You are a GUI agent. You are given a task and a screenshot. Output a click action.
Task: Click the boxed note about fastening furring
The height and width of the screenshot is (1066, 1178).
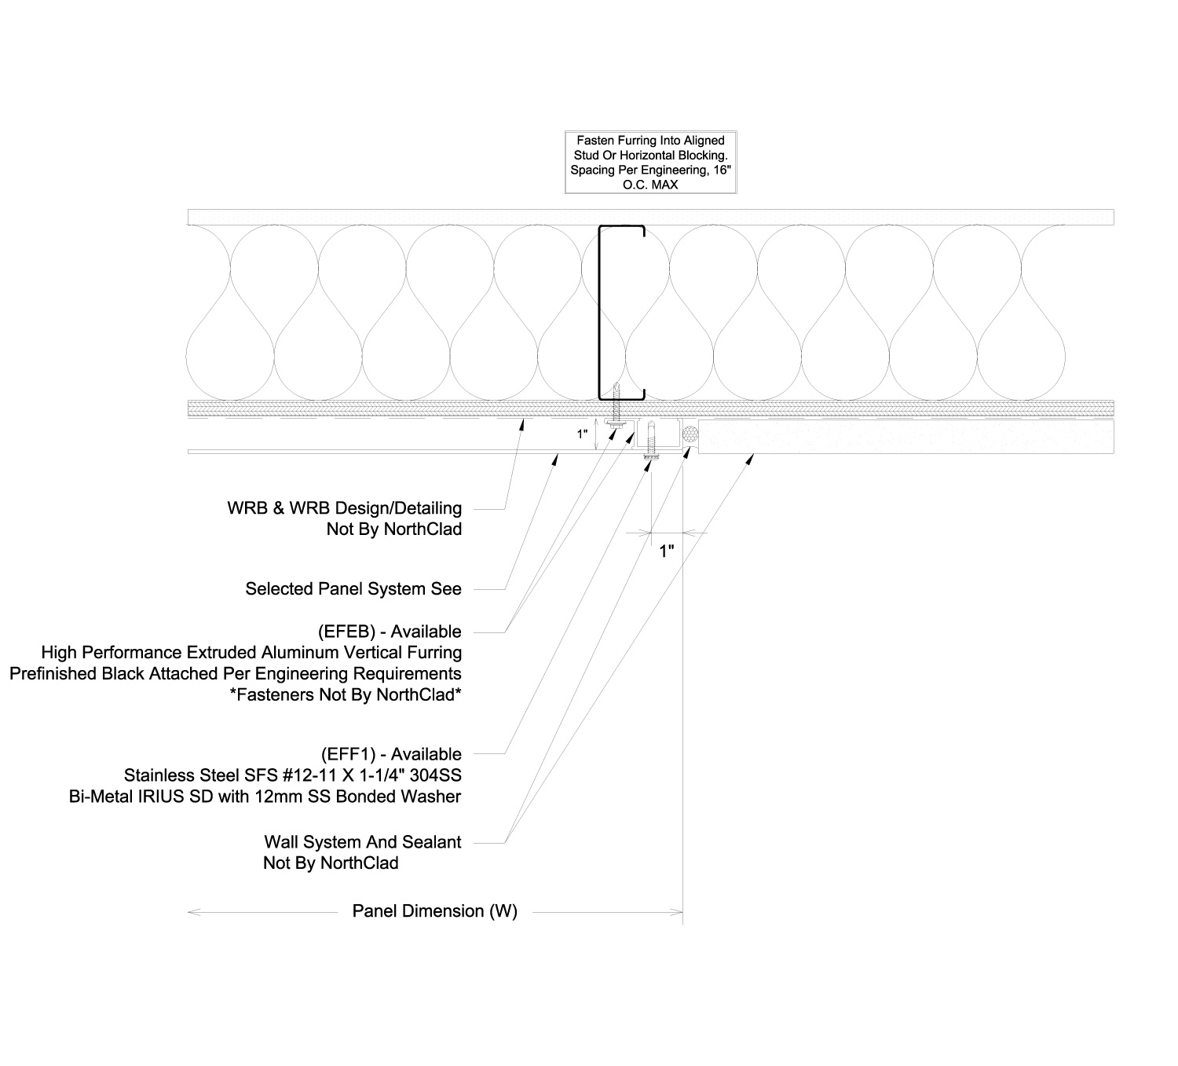pos(650,163)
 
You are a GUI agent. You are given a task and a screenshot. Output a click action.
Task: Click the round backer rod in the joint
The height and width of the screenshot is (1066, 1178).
pos(690,434)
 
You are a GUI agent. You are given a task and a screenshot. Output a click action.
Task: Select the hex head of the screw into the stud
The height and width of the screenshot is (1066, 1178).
pos(617,423)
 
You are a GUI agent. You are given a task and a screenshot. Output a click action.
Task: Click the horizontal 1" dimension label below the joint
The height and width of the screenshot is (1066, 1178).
pos(667,551)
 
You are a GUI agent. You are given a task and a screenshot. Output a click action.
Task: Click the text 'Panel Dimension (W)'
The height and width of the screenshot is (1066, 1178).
pos(434,911)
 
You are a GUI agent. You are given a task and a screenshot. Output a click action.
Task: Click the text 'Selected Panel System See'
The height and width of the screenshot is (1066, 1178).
pos(353,588)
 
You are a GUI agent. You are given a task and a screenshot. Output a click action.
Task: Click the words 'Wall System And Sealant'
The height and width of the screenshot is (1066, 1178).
pos(362,842)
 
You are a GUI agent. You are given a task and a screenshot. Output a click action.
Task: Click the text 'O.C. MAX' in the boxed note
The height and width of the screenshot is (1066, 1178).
pos(650,185)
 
